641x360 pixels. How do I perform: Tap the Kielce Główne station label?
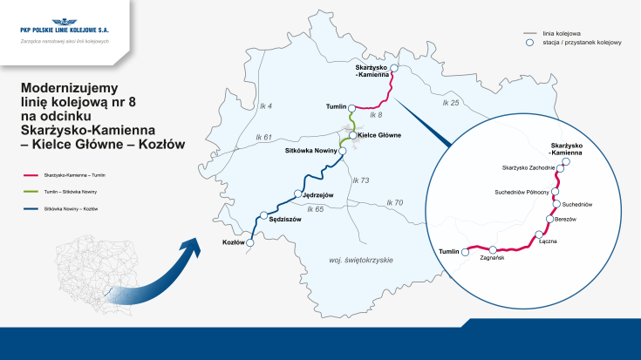pyautogui.click(x=379, y=135)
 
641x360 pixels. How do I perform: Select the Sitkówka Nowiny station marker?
pyautogui.click(x=343, y=151)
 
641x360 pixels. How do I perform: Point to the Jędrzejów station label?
pyautogui.click(x=317, y=194)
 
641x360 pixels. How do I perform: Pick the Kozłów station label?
pyautogui.click(x=233, y=242)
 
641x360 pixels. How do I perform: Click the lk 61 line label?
pyautogui.click(x=263, y=138)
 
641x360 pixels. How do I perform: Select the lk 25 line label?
pyautogui.click(x=450, y=103)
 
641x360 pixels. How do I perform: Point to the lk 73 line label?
pyautogui.click(x=361, y=180)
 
